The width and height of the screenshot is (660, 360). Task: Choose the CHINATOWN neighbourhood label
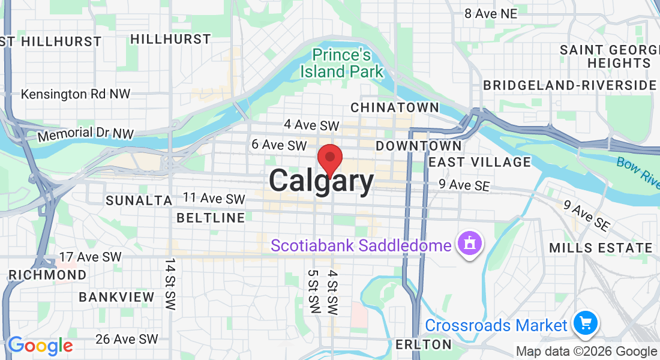click(394, 107)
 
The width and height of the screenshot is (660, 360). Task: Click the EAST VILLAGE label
click(480, 162)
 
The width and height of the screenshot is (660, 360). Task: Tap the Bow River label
click(637, 170)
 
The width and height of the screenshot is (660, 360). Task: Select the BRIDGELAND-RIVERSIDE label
click(569, 85)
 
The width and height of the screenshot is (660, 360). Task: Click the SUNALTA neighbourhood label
click(139, 200)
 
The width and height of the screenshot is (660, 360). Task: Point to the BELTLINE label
click(211, 217)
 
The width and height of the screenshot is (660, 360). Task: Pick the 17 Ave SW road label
click(91, 257)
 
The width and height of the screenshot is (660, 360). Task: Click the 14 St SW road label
click(170, 284)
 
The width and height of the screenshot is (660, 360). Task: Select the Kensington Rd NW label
click(76, 94)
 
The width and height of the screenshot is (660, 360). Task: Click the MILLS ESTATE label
click(601, 247)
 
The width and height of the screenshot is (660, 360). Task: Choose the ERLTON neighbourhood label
click(424, 344)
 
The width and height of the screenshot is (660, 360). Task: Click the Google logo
click(40, 345)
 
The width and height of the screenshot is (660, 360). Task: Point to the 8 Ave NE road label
click(490, 13)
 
